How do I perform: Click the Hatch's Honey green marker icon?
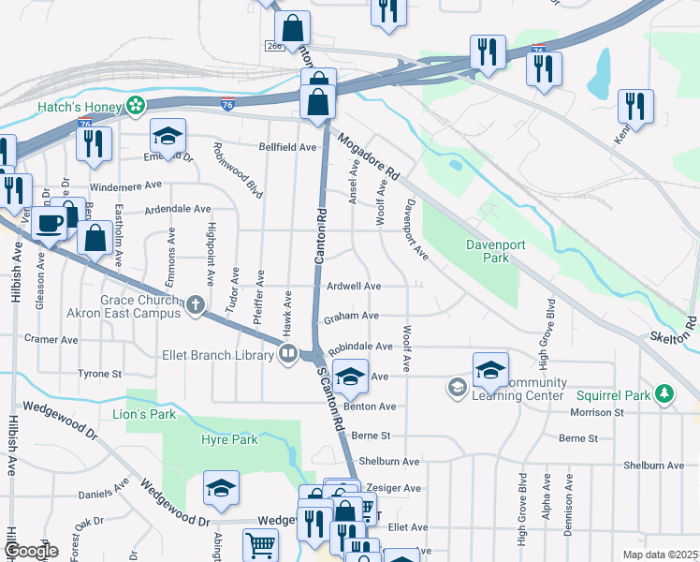point(136,106)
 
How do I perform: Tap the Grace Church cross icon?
point(196,303)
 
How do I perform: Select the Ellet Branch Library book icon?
point(288,353)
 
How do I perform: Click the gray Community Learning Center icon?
point(457,387)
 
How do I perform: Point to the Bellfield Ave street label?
point(287,147)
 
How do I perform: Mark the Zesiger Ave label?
point(395,488)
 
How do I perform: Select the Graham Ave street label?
point(351,317)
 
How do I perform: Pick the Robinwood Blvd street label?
point(226,168)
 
